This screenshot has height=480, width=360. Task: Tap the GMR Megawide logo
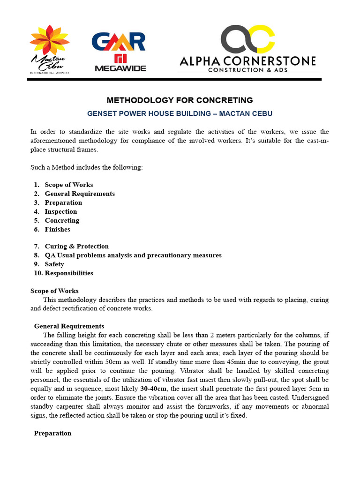[119, 51]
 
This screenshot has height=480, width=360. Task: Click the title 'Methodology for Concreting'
[180, 100]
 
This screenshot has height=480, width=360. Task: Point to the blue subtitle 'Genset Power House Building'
[180, 113]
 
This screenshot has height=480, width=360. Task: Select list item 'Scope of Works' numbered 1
[69, 185]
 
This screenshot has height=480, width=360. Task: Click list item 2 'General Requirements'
[80, 194]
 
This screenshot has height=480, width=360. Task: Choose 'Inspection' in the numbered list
[61, 211]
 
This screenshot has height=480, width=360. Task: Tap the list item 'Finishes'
[58, 229]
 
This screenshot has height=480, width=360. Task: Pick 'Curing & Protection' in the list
[77, 246]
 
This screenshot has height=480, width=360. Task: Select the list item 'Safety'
[54, 264]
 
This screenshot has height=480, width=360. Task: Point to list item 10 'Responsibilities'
[69, 273]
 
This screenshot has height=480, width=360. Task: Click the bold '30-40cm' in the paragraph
[153, 389]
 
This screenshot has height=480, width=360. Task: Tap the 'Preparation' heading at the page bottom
[52, 433]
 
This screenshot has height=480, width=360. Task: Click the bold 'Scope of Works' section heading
[54, 291]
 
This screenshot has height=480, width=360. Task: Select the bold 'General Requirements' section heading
[69, 326]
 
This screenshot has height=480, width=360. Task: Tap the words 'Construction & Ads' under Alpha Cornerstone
[248, 70]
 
